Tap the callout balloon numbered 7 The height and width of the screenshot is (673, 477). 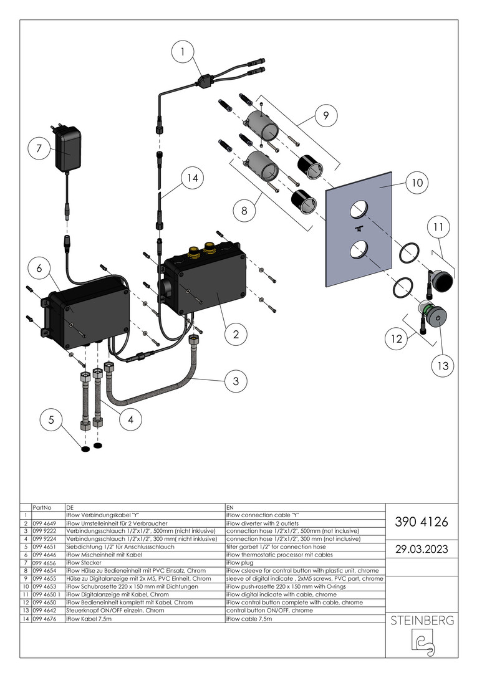[x=39, y=148]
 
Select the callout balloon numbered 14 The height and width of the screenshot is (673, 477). [x=193, y=179]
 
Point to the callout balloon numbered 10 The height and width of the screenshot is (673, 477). [x=417, y=183]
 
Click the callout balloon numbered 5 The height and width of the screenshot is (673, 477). [x=51, y=421]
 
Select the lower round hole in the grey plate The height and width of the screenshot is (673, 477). [x=356, y=249]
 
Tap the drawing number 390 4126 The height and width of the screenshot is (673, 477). [x=422, y=522]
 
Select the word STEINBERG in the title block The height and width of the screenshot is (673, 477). [x=422, y=621]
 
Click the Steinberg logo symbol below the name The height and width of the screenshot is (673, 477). [x=422, y=642]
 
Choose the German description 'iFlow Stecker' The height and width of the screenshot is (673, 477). [x=84, y=563]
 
